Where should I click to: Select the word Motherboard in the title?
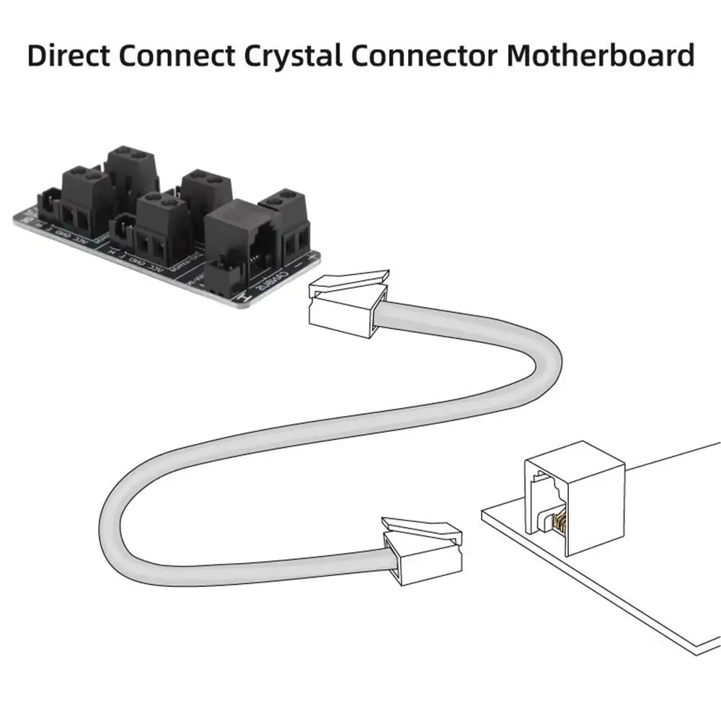pyautogui.click(x=600, y=55)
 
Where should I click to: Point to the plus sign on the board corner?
pyautogui.click(x=311, y=254)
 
